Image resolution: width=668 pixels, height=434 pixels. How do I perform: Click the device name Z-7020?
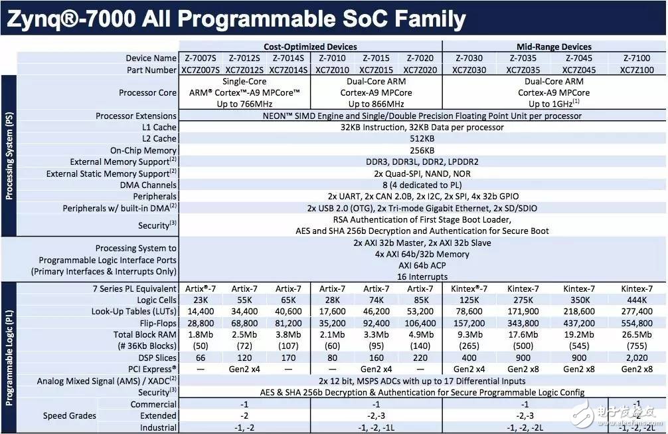pos(420,58)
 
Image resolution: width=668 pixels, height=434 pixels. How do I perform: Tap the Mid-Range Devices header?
pos(554,47)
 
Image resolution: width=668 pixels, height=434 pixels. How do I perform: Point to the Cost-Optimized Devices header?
pos(310,47)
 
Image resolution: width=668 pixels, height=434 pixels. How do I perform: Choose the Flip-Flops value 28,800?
pos(201,323)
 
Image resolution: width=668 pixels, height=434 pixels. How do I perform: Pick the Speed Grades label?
pos(70,415)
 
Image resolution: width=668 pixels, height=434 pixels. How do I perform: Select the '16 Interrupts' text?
pos(422,276)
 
